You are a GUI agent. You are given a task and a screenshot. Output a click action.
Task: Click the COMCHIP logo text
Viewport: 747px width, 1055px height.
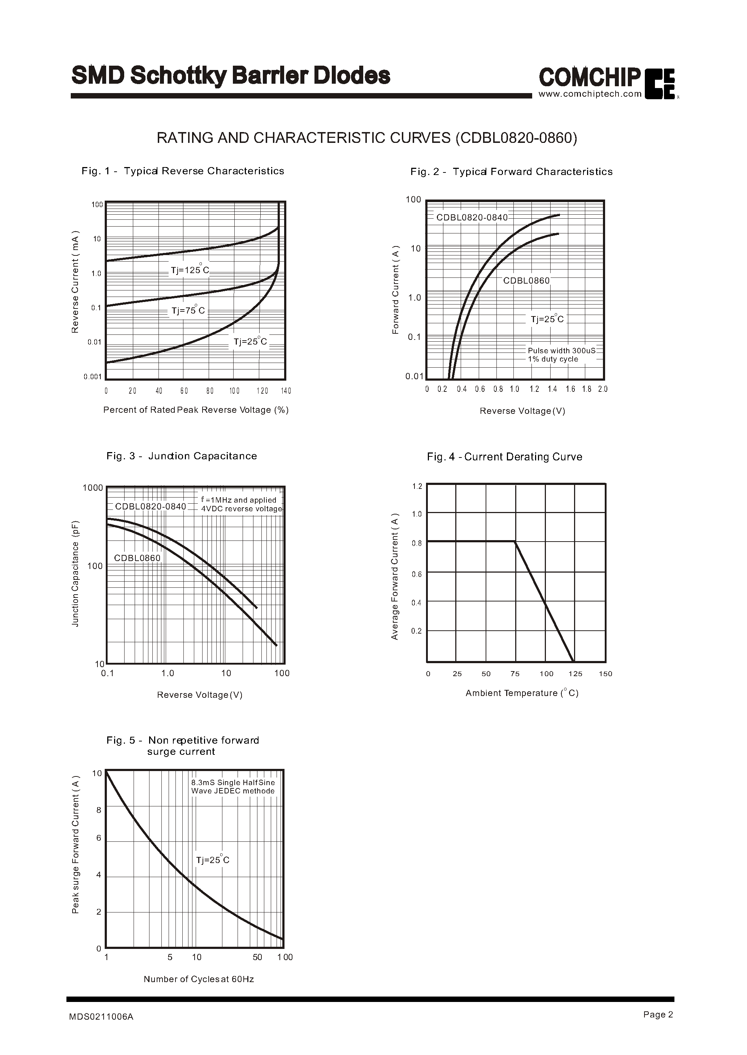pyautogui.click(x=590, y=77)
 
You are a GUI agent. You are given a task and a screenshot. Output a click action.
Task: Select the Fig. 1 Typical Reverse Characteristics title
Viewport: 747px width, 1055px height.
pyautogui.click(x=183, y=171)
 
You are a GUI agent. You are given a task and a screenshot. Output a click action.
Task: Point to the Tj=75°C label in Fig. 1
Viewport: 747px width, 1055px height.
pyautogui.click(x=188, y=310)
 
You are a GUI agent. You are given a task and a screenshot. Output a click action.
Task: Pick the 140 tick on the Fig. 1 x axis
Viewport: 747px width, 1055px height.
pyautogui.click(x=286, y=391)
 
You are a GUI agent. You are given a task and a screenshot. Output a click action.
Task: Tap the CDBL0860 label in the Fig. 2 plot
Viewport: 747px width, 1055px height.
pyautogui.click(x=526, y=280)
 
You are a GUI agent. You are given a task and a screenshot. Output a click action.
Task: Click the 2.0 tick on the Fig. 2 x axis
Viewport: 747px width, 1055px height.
pyautogui.click(x=603, y=389)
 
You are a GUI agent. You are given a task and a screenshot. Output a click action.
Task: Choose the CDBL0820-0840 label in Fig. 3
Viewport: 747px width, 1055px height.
pyautogui.click(x=151, y=506)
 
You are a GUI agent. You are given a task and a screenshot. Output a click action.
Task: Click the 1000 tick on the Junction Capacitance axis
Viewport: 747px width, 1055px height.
pyautogui.click(x=92, y=487)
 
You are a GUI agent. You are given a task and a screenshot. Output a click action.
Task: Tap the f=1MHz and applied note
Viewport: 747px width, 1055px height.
pyautogui.click(x=239, y=500)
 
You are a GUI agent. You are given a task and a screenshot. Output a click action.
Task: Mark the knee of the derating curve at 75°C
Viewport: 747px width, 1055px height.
pyautogui.click(x=515, y=542)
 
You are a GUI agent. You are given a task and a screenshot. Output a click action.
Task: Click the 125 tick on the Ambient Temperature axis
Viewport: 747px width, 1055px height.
pyautogui.click(x=576, y=674)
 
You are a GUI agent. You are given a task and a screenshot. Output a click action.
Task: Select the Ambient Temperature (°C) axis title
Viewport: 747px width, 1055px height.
pyautogui.click(x=522, y=693)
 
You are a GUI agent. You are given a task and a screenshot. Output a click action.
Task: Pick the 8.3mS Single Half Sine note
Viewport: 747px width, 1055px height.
pyautogui.click(x=233, y=782)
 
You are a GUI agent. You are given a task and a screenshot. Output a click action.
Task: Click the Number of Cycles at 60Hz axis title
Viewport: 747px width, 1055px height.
pyautogui.click(x=199, y=979)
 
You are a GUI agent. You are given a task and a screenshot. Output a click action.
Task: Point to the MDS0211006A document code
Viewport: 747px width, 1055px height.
pyautogui.click(x=101, y=1017)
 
